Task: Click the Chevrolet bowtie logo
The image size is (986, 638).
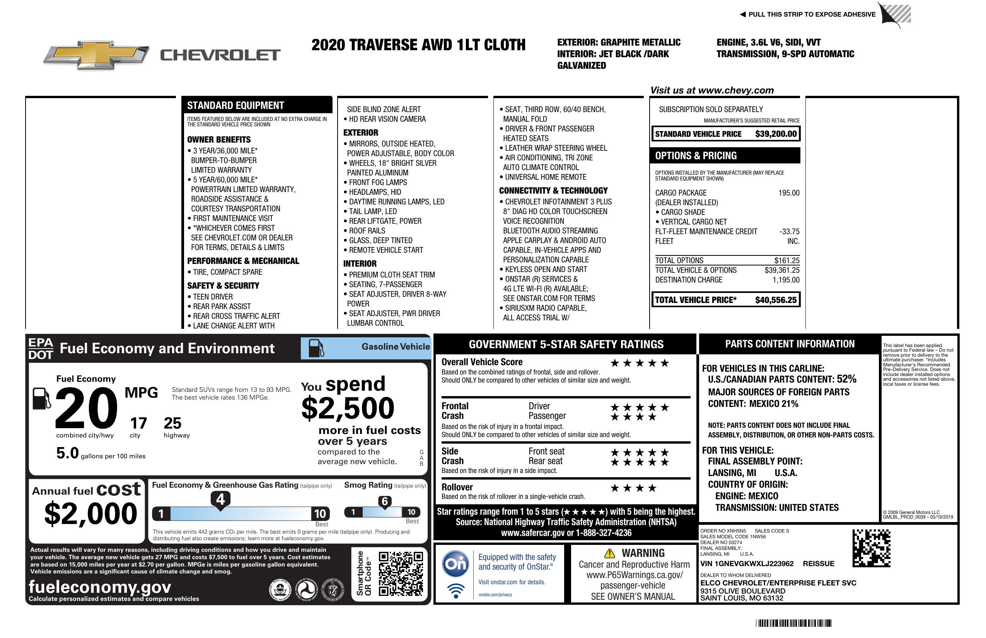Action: [x=96, y=54]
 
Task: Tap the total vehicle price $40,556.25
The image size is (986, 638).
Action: [x=776, y=300]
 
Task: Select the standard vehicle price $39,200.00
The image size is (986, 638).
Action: [x=776, y=134]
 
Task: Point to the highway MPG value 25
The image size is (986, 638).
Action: [x=172, y=423]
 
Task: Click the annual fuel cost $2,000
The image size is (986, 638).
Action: [x=90, y=514]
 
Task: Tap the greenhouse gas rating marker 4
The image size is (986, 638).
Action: [x=220, y=499]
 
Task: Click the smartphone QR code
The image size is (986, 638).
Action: [x=401, y=573]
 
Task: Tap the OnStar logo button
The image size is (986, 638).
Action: [x=455, y=563]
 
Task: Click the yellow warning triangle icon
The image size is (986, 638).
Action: [x=609, y=553]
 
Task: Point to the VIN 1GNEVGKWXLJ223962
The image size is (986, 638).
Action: [x=747, y=564]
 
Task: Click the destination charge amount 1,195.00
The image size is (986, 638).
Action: [x=786, y=280]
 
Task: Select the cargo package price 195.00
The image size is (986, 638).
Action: [x=789, y=193]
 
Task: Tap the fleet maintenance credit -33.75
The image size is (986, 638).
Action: [x=789, y=231]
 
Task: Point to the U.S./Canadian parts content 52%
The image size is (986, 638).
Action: [x=846, y=379]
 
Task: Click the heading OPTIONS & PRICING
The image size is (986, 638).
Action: [x=696, y=156]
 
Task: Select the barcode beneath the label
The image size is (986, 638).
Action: [x=793, y=623]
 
